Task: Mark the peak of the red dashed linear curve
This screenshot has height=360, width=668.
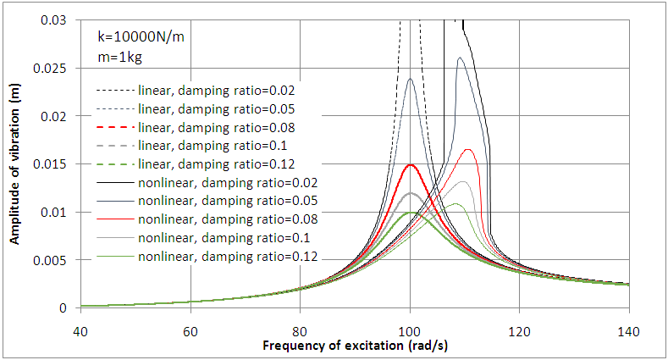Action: point(411,164)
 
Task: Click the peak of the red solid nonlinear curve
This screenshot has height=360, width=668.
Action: point(467,149)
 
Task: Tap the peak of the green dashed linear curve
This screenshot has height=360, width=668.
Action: point(411,213)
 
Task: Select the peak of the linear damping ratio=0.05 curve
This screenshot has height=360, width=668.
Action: point(411,79)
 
